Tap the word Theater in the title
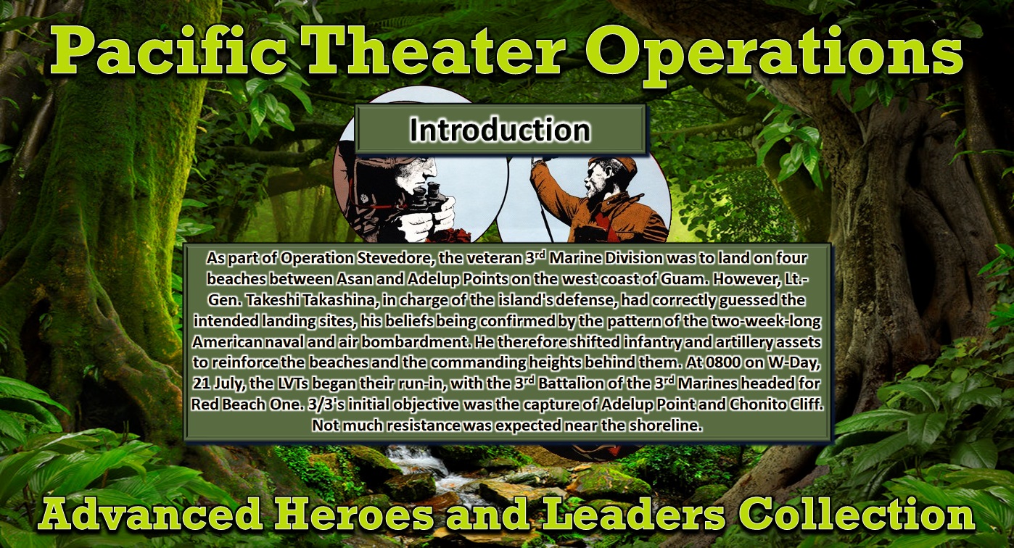(x=434, y=51)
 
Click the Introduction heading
(x=500, y=130)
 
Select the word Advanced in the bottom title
(x=149, y=515)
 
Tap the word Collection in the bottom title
(x=857, y=515)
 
